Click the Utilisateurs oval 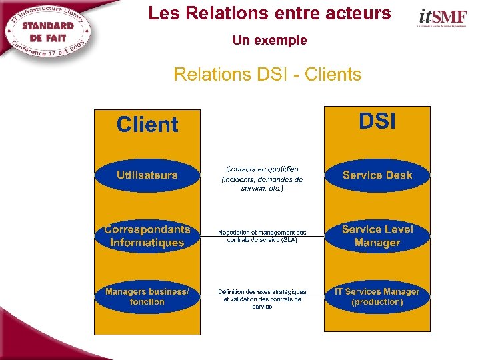click(147, 175)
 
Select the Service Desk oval click(377, 175)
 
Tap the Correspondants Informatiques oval click(147, 236)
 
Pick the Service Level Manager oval click(377, 236)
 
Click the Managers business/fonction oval click(147, 297)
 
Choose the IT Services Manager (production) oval click(377, 297)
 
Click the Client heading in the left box click(147, 125)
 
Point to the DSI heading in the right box click(377, 121)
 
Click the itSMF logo click(442, 17)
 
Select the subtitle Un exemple click(269, 41)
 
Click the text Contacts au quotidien click(262, 170)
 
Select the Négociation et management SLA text click(262, 236)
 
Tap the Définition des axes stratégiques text click(262, 299)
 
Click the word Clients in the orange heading click(333, 75)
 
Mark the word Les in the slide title click(160, 13)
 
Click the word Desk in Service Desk click(397, 175)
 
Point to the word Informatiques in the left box click(147, 243)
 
